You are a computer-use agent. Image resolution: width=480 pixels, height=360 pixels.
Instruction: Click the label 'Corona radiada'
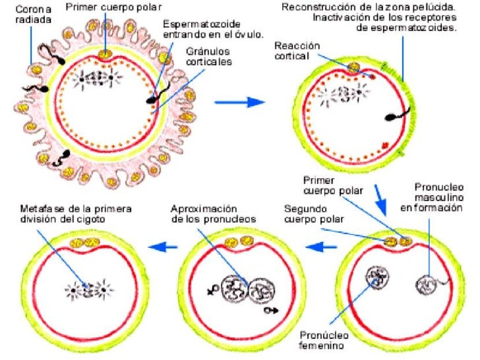point(30,15)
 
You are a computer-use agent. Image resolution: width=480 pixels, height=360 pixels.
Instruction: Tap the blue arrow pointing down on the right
point(382,196)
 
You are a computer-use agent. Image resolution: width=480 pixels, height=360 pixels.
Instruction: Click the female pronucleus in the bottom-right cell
point(378,277)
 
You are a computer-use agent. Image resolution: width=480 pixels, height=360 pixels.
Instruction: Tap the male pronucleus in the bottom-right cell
point(428,285)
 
